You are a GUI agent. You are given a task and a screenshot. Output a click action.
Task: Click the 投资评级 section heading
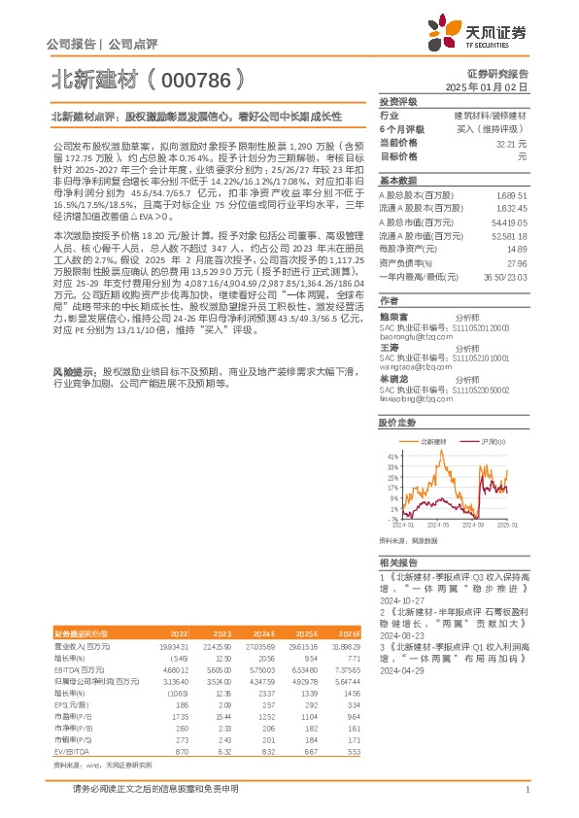click(x=398, y=102)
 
